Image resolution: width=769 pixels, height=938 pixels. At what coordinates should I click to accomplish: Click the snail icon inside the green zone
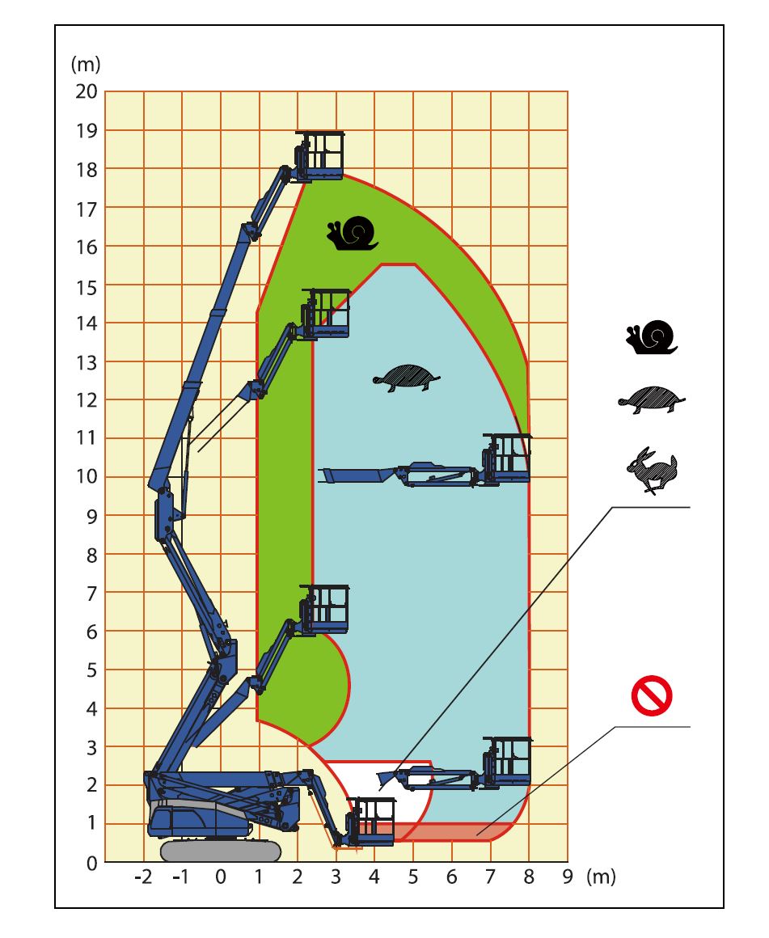pyautogui.click(x=353, y=234)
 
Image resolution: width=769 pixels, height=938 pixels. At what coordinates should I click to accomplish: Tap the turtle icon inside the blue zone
pyautogui.click(x=407, y=378)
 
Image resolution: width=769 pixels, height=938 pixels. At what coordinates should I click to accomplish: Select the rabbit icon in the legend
pyautogui.click(x=652, y=470)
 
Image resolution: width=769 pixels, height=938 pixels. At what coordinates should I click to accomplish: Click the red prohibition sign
pyautogui.click(x=652, y=695)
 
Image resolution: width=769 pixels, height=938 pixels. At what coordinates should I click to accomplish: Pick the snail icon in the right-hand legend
pyautogui.click(x=652, y=337)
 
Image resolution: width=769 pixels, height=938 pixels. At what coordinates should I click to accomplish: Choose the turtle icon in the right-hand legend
pyautogui.click(x=652, y=399)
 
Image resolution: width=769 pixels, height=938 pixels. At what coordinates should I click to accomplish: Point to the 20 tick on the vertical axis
pyautogui.click(x=87, y=91)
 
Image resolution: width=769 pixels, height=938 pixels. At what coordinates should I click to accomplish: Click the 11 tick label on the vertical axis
pyautogui.click(x=87, y=438)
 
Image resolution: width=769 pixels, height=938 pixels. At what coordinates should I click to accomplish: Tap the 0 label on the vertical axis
pyautogui.click(x=91, y=864)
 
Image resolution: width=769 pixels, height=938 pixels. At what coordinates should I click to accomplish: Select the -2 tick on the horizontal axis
pyautogui.click(x=143, y=877)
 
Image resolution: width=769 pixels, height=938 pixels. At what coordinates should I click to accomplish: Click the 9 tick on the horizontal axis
pyautogui.click(x=568, y=877)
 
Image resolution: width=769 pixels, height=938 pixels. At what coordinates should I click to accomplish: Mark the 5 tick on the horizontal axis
pyautogui.click(x=413, y=877)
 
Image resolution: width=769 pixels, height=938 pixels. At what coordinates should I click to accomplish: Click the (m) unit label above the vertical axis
pyautogui.click(x=86, y=64)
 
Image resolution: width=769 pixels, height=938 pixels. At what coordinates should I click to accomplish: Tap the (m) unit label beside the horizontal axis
pyautogui.click(x=601, y=877)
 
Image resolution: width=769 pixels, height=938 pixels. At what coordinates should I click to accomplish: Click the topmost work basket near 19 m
pyautogui.click(x=320, y=155)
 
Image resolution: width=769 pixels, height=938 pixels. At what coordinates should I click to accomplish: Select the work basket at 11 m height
pyautogui.click(x=507, y=458)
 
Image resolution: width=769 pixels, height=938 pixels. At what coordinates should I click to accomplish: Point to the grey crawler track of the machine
pyautogui.click(x=221, y=851)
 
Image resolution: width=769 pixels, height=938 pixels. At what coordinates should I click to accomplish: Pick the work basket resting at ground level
pyautogui.click(x=372, y=821)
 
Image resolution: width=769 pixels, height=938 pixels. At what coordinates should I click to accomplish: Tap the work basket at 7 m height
pyautogui.click(x=324, y=610)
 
